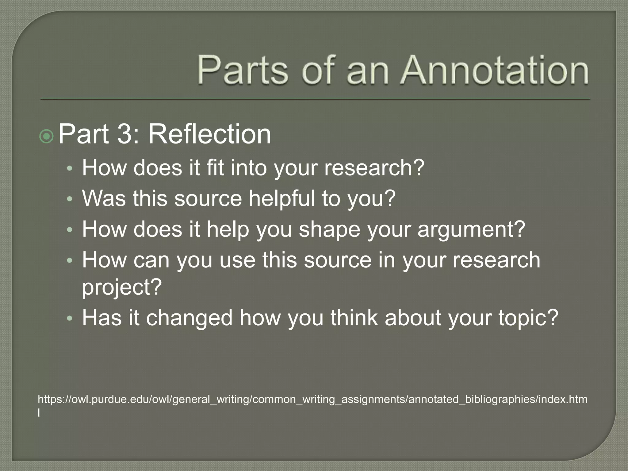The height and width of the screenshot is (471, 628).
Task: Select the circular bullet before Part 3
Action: (47, 136)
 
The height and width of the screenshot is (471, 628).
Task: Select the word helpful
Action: (281, 198)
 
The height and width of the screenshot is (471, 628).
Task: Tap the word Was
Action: (104, 198)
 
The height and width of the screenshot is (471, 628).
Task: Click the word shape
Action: (329, 230)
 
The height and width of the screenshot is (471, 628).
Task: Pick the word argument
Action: (471, 230)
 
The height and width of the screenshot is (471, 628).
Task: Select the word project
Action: (121, 287)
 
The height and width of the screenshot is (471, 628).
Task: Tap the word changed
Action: (189, 318)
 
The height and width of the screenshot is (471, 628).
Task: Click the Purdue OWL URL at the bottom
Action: (312, 400)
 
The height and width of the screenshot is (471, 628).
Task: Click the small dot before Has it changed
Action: (70, 319)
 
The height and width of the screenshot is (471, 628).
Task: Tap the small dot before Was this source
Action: (70, 199)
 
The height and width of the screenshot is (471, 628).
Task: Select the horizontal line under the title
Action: (315, 99)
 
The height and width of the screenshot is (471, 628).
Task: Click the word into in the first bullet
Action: (249, 168)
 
